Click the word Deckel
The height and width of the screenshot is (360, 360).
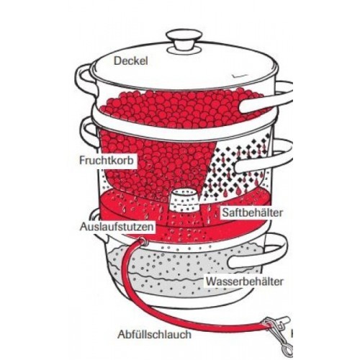[131, 60]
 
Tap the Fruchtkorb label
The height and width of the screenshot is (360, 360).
[107, 161]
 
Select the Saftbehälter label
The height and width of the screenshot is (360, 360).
[253, 212]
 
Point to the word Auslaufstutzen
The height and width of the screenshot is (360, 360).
[117, 227]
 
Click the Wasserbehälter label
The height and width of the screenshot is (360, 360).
[245, 282]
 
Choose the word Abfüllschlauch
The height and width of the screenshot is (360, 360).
[155, 334]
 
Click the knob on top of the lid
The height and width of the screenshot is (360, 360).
[184, 41]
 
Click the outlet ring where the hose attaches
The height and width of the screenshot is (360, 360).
[143, 241]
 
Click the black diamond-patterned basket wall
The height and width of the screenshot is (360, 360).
[238, 168]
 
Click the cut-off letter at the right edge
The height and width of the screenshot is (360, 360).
[292, 334]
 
